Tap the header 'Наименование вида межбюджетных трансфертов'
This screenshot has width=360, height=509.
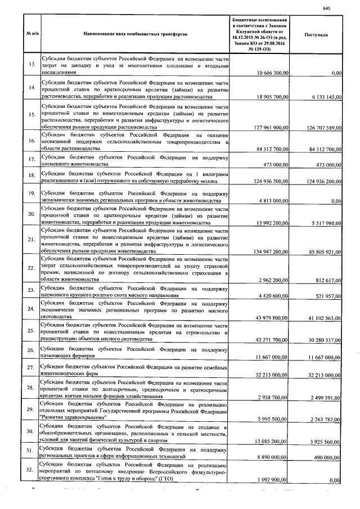click(x=134, y=34)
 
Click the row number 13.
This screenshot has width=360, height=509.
click(x=31, y=65)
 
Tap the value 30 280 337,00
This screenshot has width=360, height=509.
click(x=322, y=341)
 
